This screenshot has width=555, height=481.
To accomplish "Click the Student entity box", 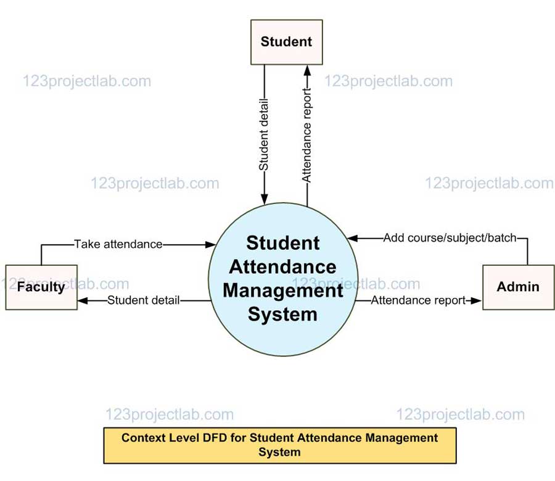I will pyautogui.click(x=286, y=42).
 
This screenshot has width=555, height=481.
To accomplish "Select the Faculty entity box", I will pyautogui.click(x=41, y=287).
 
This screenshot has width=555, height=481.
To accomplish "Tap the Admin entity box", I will pyautogui.click(x=518, y=287).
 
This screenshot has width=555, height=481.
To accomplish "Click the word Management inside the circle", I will pyautogui.click(x=282, y=290).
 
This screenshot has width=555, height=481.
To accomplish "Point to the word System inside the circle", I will pyautogui.click(x=282, y=314).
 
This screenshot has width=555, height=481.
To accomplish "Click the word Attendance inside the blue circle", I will pyautogui.click(x=282, y=266).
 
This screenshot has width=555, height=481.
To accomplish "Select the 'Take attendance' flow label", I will pyautogui.click(x=118, y=244).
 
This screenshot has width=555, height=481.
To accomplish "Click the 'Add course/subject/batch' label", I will pyautogui.click(x=450, y=237).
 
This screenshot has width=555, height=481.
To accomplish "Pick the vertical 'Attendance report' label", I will pyautogui.click(x=306, y=134).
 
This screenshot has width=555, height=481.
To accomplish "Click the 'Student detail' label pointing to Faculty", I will pyautogui.click(x=144, y=300).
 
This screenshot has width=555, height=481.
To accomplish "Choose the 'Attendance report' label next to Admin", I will pyautogui.click(x=418, y=300).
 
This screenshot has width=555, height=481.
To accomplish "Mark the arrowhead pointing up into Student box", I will pyautogui.click(x=306, y=69).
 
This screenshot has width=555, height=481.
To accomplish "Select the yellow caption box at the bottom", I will pyautogui.click(x=279, y=445).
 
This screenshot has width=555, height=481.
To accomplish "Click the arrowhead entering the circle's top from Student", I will pyautogui.click(x=264, y=199).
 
